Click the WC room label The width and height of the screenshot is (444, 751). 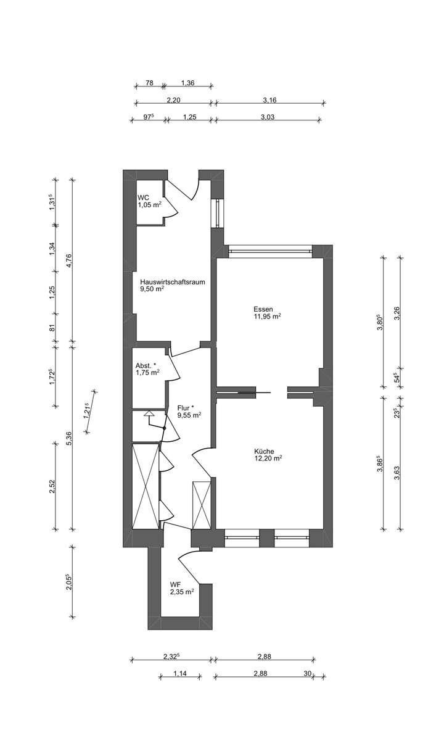pyautogui.click(x=143, y=197)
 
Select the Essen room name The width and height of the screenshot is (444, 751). pyautogui.click(x=263, y=309)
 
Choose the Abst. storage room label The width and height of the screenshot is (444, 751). pyautogui.click(x=146, y=365)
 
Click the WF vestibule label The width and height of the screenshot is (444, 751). pyautogui.click(x=176, y=584)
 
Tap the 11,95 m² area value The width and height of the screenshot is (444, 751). pyautogui.click(x=267, y=317)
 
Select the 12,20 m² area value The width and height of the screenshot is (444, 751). pyautogui.click(x=268, y=458)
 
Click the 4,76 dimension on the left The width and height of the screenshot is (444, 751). pyautogui.click(x=70, y=260)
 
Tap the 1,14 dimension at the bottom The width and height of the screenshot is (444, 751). pyautogui.click(x=180, y=673)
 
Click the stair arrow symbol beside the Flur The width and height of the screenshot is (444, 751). pyautogui.click(x=149, y=416)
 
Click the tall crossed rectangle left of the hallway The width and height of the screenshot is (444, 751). pyautogui.click(x=146, y=485)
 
